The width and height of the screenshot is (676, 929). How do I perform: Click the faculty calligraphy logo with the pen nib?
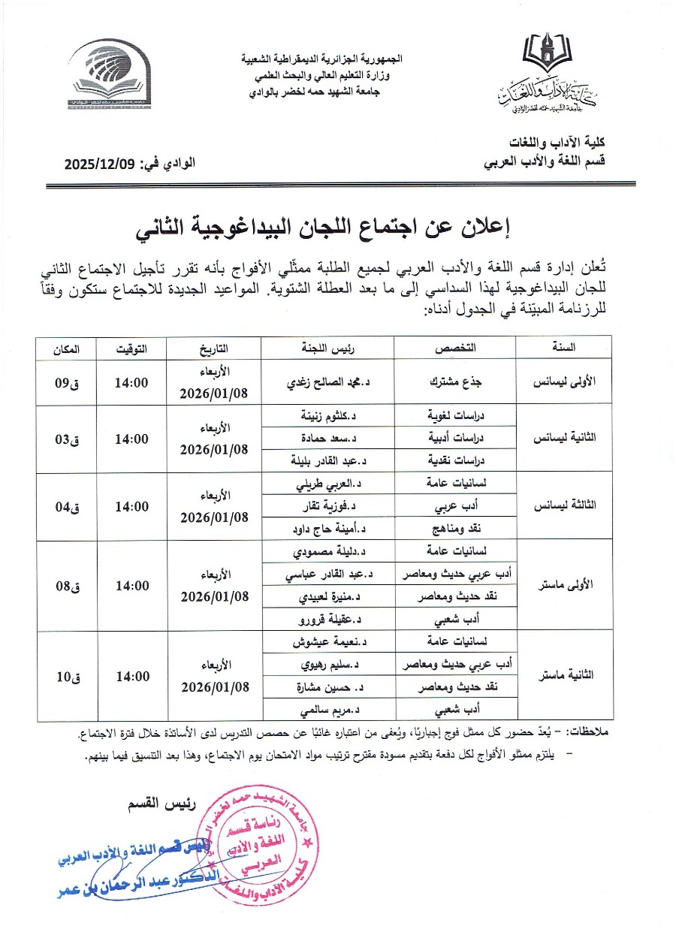tap(556, 75)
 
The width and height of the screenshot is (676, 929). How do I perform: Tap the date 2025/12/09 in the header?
tap(98, 162)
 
